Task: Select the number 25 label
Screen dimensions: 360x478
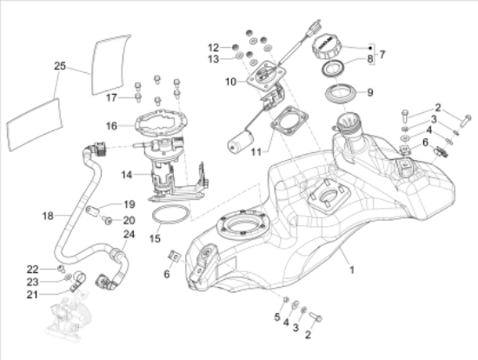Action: [x=59, y=65]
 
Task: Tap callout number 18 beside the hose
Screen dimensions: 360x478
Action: [x=48, y=213]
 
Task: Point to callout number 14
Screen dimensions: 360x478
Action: [x=126, y=175]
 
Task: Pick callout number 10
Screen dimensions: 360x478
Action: [x=230, y=83]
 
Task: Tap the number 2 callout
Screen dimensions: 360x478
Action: [x=439, y=108]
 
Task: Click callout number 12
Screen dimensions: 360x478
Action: [x=213, y=46]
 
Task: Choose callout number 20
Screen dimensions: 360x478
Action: [x=129, y=221]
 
